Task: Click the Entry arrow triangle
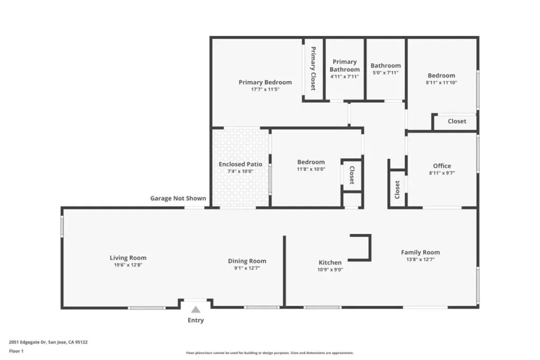[x=196, y=310]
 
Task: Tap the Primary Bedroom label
[x=265, y=82]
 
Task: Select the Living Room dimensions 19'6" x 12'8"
[x=128, y=265]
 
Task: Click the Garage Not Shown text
[x=178, y=198]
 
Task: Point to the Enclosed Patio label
[x=240, y=164]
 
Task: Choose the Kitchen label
[x=330, y=262]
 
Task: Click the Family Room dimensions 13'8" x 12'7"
[x=420, y=259]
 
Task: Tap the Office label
[x=442, y=166]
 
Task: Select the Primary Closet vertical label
[x=313, y=69]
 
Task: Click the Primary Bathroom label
[x=345, y=65]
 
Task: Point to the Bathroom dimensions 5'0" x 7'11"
[x=385, y=73]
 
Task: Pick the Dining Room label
[x=247, y=261]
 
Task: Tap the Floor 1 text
[x=16, y=351]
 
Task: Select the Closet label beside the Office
[x=397, y=190]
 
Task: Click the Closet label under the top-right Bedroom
[x=457, y=121]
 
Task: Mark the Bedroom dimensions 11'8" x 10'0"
[x=311, y=169]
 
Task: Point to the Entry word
[x=196, y=320]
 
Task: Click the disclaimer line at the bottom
[x=269, y=353]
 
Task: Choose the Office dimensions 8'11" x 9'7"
[x=442, y=173]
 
